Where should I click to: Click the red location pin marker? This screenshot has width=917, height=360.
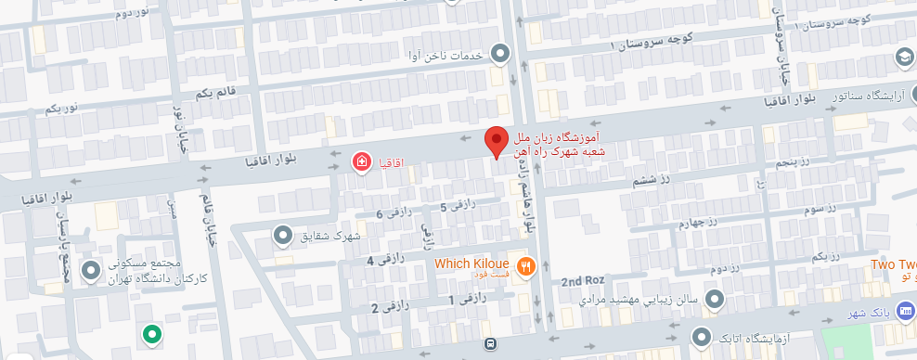(497, 142)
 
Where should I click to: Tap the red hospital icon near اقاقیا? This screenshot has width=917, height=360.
(362, 162)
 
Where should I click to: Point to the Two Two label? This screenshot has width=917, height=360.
(893, 264)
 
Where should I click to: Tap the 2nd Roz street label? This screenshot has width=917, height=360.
(583, 281)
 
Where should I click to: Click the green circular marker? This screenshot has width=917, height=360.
(151, 333)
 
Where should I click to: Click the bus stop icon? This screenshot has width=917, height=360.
(489, 344)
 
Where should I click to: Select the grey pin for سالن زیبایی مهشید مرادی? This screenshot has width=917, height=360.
(715, 299)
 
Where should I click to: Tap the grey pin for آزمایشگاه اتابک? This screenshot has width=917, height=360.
(704, 336)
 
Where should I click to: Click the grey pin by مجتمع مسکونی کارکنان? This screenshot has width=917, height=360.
(91, 271)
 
